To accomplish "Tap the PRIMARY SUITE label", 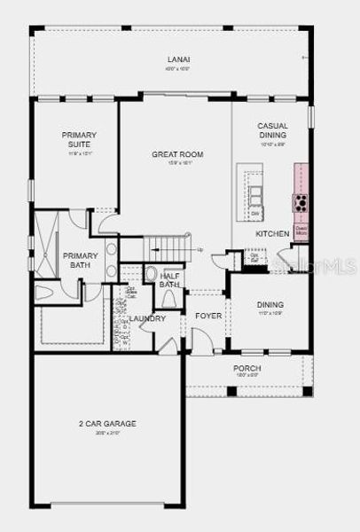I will [79, 139].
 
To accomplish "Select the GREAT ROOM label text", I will [177, 154].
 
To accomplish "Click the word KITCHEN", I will [271, 232].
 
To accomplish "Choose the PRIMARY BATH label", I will [79, 261].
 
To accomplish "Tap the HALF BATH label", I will [169, 279].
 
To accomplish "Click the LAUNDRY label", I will [146, 318].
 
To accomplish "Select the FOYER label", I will [208, 315].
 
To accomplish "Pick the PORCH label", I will [247, 368].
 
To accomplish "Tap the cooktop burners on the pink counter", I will [301, 201].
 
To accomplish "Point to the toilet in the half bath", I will [151, 275].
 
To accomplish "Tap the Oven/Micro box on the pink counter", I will [301, 229].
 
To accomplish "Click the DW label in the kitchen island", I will [254, 214].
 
